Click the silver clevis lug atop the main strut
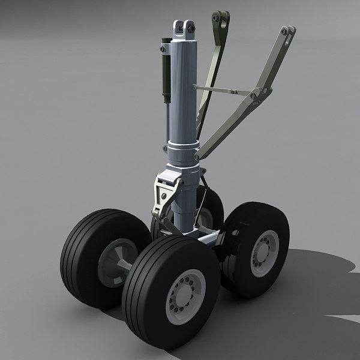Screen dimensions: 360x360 (184, 30)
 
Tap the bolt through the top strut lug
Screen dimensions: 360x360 (184, 26)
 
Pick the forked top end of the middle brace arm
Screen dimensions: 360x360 (220, 16)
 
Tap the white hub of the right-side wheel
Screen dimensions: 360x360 (265, 253)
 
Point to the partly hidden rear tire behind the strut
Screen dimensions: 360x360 (210, 207)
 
